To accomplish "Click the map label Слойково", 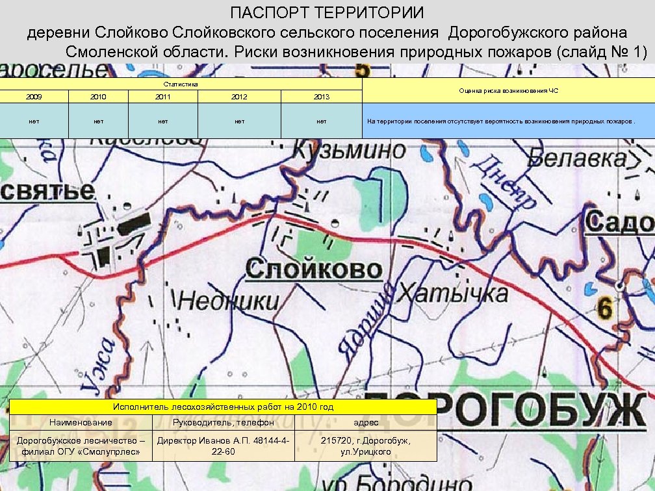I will click(314, 269).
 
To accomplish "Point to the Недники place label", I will click(229, 301).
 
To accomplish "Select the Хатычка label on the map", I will click(453, 293).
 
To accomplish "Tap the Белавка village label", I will click(578, 158).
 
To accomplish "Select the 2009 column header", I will click(34, 97).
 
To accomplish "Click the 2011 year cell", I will click(163, 97).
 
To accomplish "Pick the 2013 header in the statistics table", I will click(321, 97).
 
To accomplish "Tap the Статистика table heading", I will click(181, 84).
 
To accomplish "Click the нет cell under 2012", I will click(239, 121).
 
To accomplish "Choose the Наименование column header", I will click(81, 422).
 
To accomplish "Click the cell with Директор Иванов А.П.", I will click(223, 446).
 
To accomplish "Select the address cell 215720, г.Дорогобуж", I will click(365, 446).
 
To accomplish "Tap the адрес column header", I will click(365, 422).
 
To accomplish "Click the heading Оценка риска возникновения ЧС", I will click(508, 91).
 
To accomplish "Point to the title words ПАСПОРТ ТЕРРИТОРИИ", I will click(327, 13).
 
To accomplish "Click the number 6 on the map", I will click(605, 308).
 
